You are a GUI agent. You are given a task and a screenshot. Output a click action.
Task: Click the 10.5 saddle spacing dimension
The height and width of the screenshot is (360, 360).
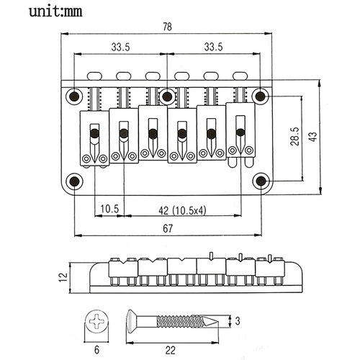109,209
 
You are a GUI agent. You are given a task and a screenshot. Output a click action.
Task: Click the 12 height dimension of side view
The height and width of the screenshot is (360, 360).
64,276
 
